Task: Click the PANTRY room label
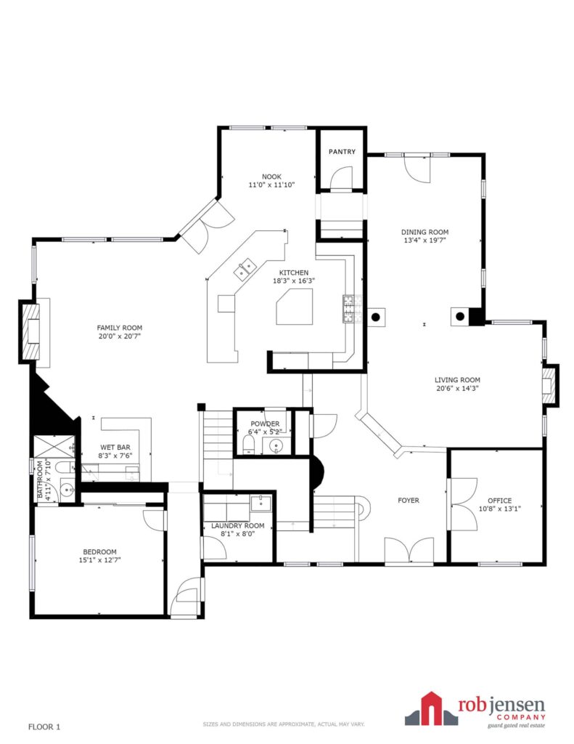coord(342,152)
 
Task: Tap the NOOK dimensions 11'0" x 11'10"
coord(271,185)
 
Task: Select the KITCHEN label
coord(294,272)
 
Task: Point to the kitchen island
coord(295,307)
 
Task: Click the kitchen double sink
coord(245,269)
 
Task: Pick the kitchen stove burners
coord(349,309)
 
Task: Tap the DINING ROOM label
coord(425,232)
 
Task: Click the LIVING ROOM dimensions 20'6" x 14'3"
coord(457,388)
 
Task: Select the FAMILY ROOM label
coord(120,328)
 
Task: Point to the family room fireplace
coord(31,331)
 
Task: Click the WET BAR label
coord(115,447)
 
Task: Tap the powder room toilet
coord(249,445)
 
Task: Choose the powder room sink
coord(276,446)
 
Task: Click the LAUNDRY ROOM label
coord(238,526)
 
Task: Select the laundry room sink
coord(261,503)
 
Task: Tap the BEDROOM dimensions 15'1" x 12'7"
coord(99,560)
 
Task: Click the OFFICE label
coord(499,501)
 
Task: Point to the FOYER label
coord(409,500)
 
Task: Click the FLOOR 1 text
coord(44,727)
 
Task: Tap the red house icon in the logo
coord(430,708)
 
